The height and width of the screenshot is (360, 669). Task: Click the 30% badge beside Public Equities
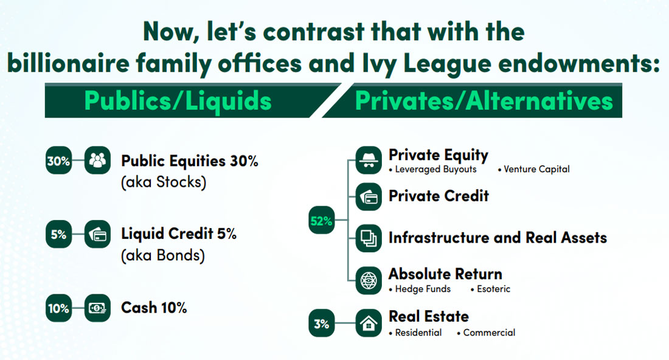58,161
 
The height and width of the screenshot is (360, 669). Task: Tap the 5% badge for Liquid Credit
58,234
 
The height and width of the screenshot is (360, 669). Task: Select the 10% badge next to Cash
58,308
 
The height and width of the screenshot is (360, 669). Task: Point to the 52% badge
321,221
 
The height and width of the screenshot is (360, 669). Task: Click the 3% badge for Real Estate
321,324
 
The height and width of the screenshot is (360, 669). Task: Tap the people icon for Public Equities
97,161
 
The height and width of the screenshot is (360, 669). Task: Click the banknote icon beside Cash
97,308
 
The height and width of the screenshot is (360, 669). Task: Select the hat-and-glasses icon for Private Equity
369,161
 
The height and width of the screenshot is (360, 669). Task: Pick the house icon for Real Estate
369,324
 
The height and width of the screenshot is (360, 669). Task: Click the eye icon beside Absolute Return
369,281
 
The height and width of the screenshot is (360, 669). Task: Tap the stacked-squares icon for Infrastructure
369,238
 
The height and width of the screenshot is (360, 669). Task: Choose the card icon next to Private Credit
369,197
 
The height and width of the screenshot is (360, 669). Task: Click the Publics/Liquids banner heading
178,101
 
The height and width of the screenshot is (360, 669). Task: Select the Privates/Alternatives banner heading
484,101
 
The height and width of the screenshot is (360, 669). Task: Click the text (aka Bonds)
163,255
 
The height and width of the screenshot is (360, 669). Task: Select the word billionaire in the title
69,64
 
